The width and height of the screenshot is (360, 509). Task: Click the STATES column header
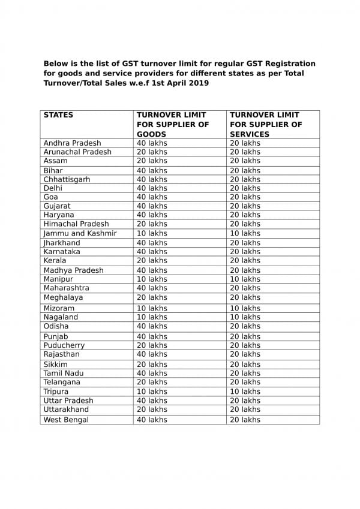(58, 115)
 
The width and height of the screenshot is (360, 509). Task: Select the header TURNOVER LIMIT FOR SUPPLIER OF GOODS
(173, 125)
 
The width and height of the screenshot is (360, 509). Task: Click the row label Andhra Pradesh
(72, 143)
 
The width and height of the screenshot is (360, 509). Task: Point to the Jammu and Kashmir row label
(80, 233)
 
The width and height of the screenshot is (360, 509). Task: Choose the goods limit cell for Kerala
(152, 261)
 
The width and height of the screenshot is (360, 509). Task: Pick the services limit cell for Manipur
(245, 279)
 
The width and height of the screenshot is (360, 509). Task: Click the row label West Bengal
(66, 420)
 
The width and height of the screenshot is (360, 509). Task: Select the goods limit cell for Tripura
(152, 391)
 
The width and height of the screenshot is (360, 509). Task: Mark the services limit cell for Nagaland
(245, 317)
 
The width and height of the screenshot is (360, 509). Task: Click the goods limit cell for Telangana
(152, 382)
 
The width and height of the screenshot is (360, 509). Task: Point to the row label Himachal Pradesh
(76, 224)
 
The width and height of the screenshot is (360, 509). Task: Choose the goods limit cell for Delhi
(152, 188)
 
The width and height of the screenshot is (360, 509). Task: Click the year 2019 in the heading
(199, 84)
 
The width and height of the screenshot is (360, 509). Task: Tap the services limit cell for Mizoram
(245, 308)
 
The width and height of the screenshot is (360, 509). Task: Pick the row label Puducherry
(64, 345)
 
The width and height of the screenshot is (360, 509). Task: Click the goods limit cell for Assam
(152, 161)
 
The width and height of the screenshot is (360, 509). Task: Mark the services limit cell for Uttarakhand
(245, 409)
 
